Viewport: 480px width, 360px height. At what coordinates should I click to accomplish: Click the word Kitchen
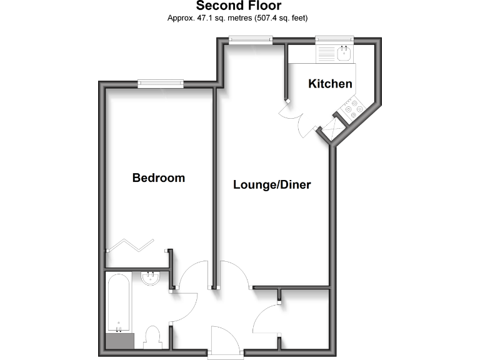tap(330, 84)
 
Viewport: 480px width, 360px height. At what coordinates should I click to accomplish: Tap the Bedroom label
tap(158, 178)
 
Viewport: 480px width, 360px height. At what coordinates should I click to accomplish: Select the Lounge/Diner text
tap(272, 185)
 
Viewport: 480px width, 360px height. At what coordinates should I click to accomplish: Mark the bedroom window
tap(161, 83)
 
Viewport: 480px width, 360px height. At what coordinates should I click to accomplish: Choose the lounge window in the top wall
tap(250, 41)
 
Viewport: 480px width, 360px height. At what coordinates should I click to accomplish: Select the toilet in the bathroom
tap(152, 337)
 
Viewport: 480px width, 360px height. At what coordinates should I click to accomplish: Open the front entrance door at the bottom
tap(225, 342)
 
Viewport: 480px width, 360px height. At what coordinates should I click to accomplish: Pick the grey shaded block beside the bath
tap(119, 341)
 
